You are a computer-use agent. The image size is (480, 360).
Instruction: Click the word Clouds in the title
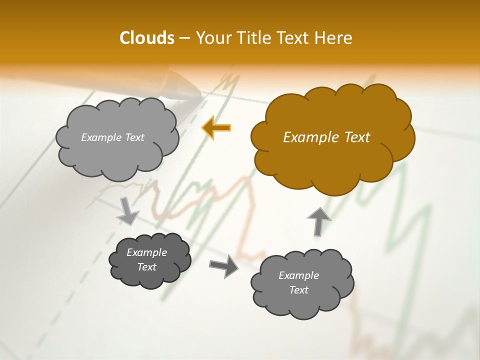(x=146, y=38)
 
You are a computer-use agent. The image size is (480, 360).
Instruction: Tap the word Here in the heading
(x=334, y=38)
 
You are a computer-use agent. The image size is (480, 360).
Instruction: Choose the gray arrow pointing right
(x=224, y=265)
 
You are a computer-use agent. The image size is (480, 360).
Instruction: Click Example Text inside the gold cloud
(x=326, y=137)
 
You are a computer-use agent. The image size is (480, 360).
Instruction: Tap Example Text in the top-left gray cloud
(x=113, y=137)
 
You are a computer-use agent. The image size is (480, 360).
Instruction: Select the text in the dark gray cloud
(x=147, y=259)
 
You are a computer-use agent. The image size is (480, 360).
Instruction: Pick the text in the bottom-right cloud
(x=299, y=282)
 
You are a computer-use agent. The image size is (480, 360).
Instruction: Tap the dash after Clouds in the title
(x=184, y=38)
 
